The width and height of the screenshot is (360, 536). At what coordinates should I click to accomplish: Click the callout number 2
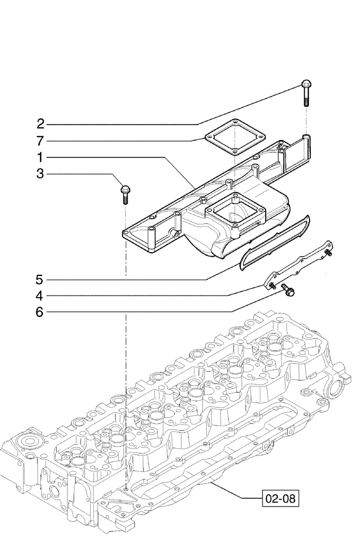pyautogui.click(x=40, y=125)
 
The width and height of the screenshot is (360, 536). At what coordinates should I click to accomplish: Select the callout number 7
pyautogui.click(x=40, y=142)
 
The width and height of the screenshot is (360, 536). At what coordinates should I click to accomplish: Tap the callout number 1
pyautogui.click(x=40, y=158)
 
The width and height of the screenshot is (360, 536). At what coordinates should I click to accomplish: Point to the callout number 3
pyautogui.click(x=40, y=174)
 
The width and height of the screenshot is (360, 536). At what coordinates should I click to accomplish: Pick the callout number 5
pyautogui.click(x=40, y=279)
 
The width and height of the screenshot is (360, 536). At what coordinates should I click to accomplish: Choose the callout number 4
pyautogui.click(x=40, y=295)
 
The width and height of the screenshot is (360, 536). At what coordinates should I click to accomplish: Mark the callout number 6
pyautogui.click(x=40, y=312)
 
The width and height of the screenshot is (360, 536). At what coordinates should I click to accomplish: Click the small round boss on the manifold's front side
pyautogui.click(x=175, y=233)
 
